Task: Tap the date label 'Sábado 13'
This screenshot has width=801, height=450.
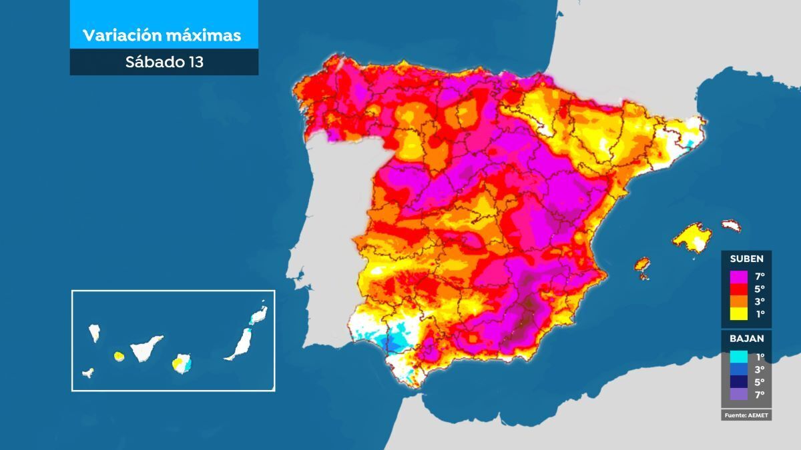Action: [164, 62]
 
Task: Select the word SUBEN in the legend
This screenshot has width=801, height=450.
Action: [746, 259]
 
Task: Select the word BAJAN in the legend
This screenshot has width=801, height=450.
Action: [746, 338]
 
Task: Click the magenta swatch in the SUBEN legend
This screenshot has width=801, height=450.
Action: [738, 276]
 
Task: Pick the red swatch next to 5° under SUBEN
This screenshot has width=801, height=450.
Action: [738, 289]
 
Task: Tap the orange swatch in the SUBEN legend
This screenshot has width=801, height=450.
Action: [738, 301]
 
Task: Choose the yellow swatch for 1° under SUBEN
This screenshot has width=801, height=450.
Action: [738, 314]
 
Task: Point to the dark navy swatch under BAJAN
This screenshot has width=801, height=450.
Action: [738, 382]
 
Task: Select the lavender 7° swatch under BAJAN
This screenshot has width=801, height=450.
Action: [738, 395]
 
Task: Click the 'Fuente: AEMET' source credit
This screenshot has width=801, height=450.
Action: [746, 415]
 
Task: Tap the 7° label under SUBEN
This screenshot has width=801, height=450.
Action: [760, 276]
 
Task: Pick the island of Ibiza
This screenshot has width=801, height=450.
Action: [642, 264]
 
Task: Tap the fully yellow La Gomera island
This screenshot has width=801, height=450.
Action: [119, 356]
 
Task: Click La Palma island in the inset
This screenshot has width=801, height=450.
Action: [95, 332]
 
